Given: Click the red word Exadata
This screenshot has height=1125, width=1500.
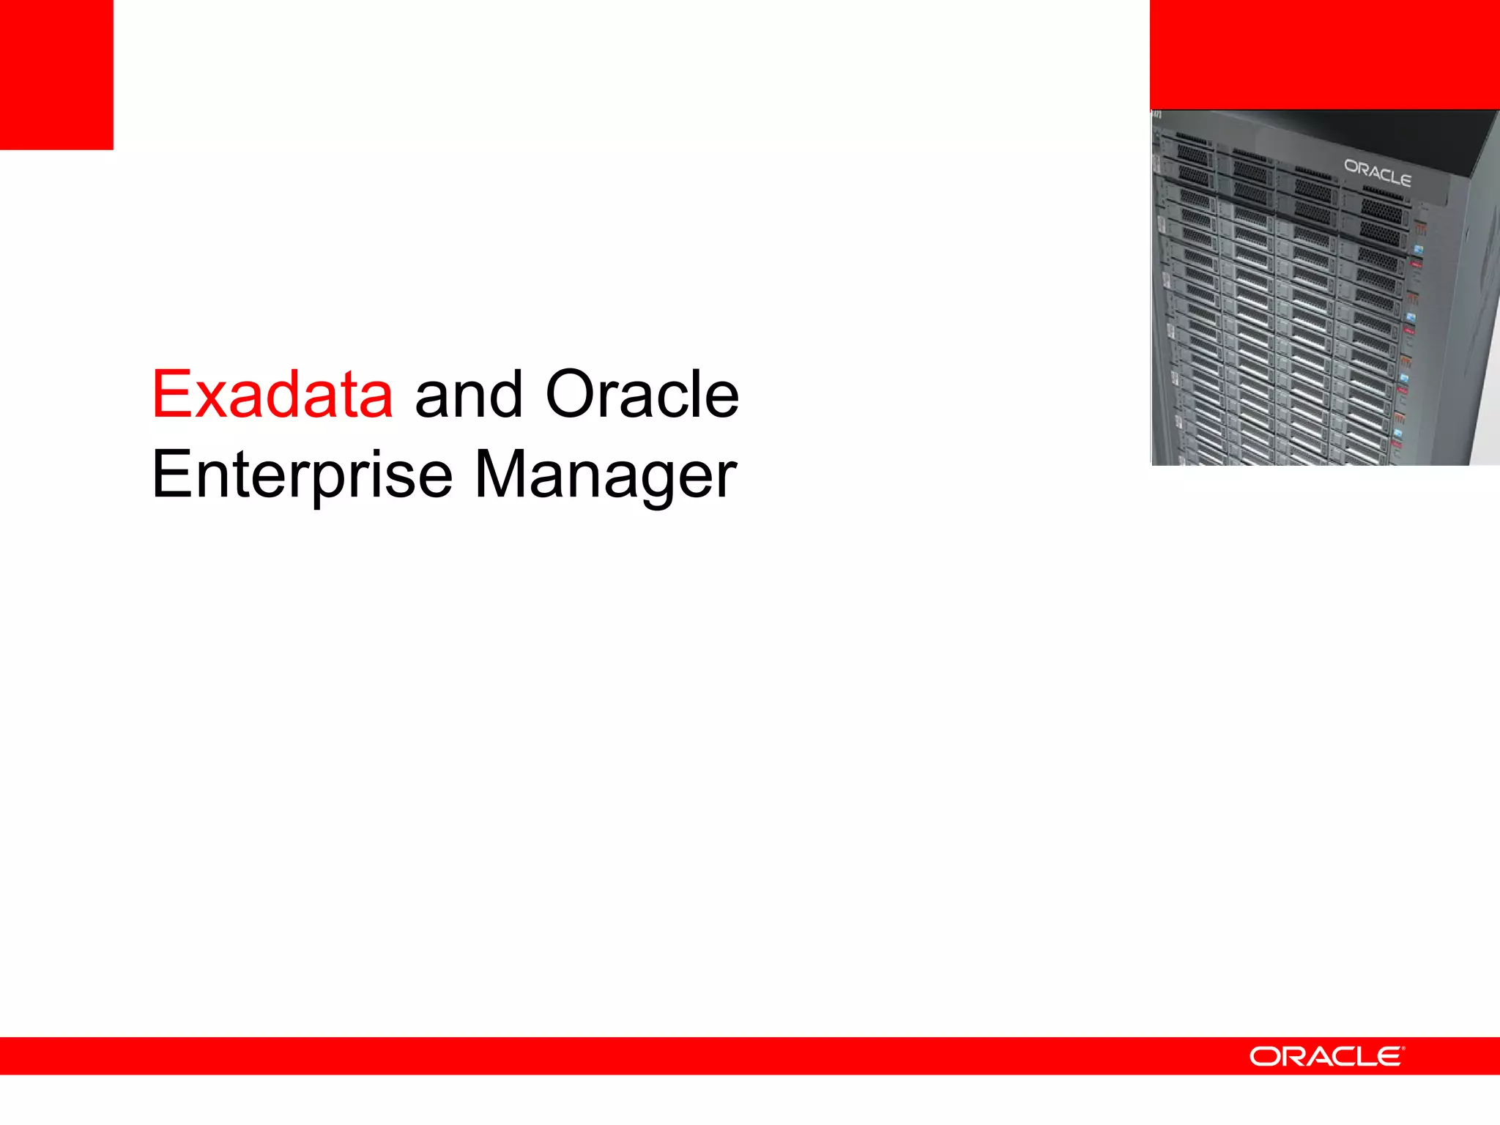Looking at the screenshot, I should point(272,396).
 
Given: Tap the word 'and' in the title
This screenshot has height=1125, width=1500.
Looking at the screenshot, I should point(469,396).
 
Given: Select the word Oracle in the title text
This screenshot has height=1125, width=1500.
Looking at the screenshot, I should point(642,396).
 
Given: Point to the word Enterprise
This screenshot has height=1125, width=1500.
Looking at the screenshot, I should point(302,476).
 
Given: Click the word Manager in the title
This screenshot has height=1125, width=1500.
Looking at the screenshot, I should point(605,476).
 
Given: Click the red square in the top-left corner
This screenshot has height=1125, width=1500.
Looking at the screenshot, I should point(56,74).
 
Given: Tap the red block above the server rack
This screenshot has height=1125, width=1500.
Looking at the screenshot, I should point(1324,54).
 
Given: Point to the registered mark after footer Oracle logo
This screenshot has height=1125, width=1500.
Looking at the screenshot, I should point(1403,1049).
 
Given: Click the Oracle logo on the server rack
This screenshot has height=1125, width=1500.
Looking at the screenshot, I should point(1377,173).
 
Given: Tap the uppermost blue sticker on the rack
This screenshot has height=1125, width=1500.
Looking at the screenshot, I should point(1418,250).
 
